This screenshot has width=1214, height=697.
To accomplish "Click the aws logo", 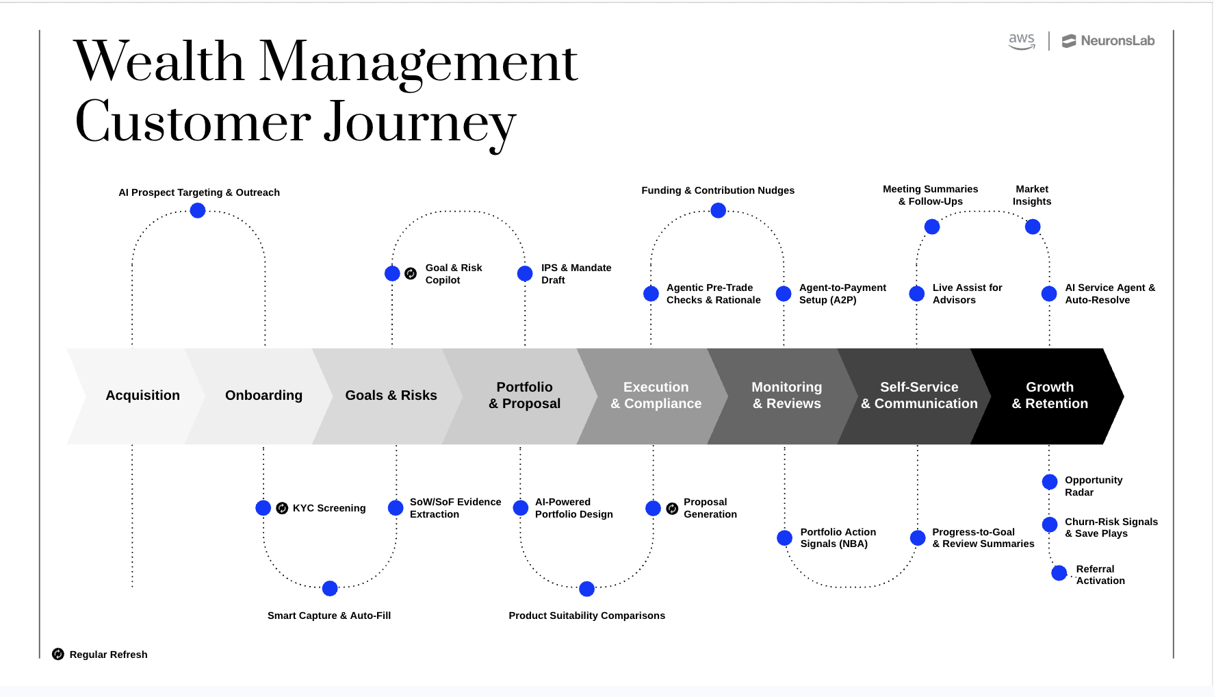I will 1022,41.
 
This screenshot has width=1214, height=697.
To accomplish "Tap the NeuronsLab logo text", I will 1117,41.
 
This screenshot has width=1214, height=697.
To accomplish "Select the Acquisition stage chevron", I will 142,396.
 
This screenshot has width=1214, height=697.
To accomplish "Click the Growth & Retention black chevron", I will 1049,396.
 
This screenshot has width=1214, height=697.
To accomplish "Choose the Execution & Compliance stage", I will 656,396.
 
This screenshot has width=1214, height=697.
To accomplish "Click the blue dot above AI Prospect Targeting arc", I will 198,211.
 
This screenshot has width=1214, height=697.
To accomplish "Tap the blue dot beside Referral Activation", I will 1059,573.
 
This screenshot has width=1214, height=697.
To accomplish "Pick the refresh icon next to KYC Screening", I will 282,508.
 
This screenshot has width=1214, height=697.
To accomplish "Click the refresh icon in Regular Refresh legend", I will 58,655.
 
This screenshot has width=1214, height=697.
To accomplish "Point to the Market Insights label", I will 1031,195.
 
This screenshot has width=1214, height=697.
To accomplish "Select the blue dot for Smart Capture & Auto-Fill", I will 330,588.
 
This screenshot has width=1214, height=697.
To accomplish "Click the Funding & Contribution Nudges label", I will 717,190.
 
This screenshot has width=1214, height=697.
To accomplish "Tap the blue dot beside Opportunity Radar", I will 1049,482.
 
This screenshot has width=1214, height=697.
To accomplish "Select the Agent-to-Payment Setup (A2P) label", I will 842,294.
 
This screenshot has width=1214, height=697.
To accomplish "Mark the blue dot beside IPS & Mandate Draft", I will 525,274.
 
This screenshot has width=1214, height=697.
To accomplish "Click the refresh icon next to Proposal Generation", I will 672,508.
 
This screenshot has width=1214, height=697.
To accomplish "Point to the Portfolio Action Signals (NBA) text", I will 838,537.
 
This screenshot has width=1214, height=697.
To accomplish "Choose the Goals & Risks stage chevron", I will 391,396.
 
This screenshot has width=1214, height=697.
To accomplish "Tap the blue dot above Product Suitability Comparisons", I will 586,589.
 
